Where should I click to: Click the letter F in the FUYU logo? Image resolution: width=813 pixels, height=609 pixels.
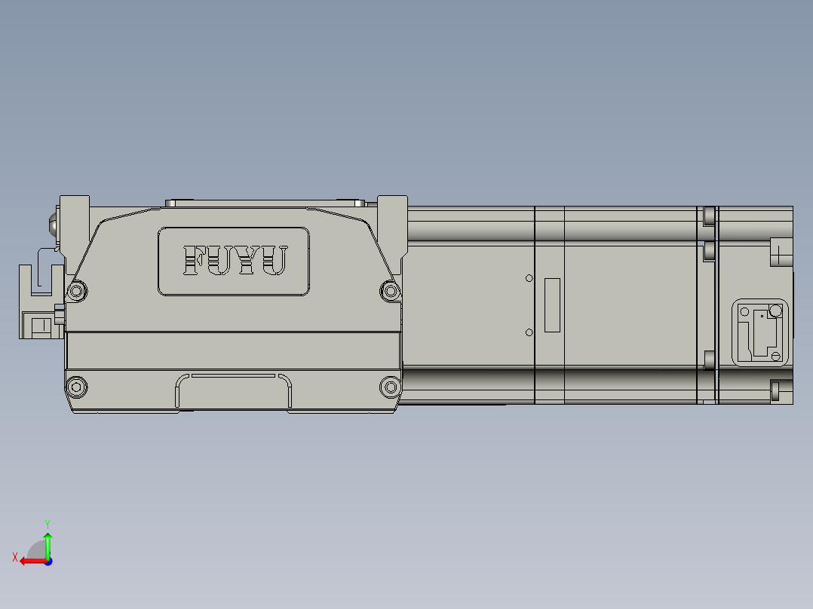point(194,261)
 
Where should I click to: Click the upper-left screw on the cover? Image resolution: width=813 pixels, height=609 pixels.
point(76,290)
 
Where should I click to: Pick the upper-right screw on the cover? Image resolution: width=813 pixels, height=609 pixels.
point(389,290)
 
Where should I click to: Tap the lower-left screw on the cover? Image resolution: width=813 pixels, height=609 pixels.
point(76,387)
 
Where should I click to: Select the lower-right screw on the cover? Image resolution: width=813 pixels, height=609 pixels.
point(389,387)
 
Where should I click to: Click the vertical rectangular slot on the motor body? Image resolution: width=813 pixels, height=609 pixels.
point(552,305)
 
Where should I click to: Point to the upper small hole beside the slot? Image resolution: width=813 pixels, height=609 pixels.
point(529,279)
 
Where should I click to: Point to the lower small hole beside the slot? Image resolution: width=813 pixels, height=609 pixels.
point(529,332)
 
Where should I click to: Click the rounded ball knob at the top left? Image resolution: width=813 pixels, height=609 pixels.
point(54,224)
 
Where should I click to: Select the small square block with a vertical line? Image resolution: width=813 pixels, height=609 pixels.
point(41,326)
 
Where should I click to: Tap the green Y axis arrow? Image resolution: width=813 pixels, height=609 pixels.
point(48,543)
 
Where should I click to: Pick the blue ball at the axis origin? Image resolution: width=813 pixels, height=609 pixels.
point(48,561)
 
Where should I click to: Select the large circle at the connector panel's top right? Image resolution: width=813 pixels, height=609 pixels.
point(775,310)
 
